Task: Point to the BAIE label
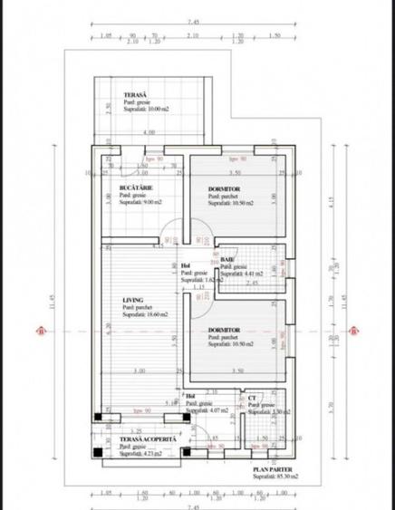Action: [226, 259]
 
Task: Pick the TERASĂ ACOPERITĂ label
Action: [151, 438]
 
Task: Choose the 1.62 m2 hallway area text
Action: [201, 281]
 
